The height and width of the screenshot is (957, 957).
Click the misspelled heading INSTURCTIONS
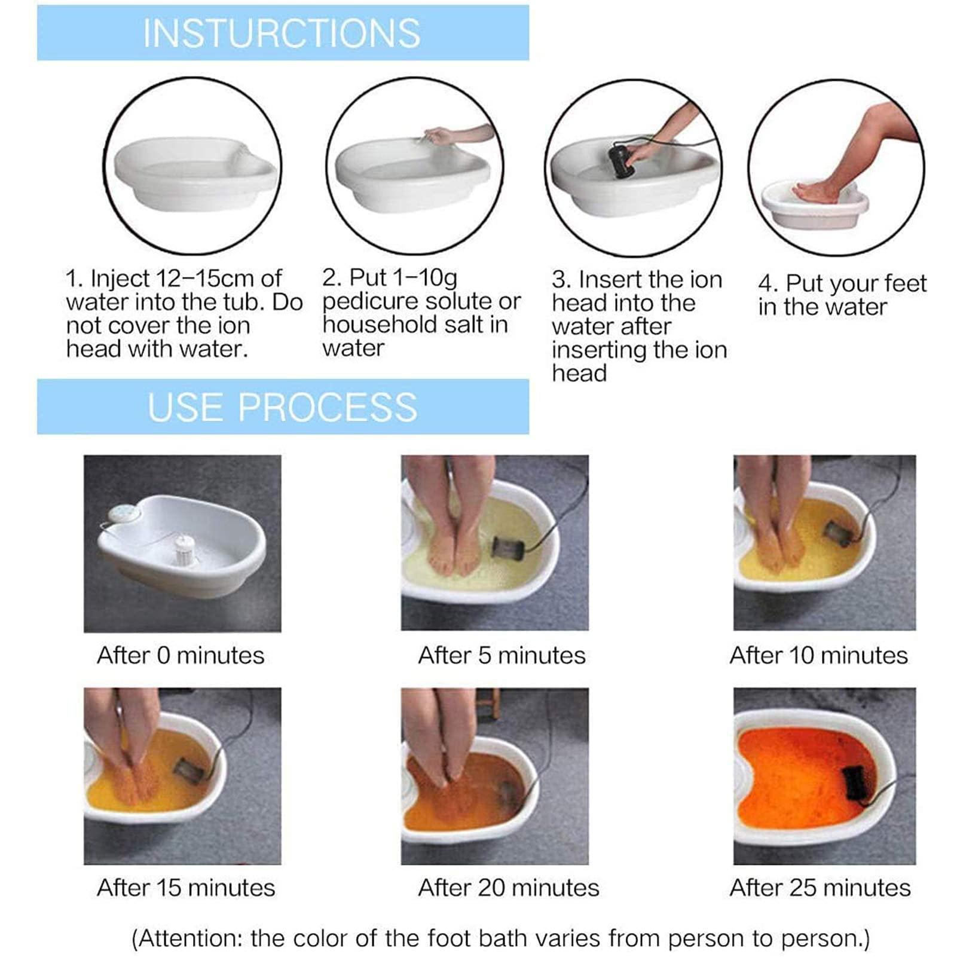pos(282,33)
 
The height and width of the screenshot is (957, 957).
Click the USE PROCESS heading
pos(282,407)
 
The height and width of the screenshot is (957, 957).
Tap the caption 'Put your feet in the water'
pos(842,295)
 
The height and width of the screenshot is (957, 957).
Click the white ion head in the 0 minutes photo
pos(184,549)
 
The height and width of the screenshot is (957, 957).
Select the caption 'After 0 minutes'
pos(181,656)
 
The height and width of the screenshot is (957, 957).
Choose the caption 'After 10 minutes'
pos(818,656)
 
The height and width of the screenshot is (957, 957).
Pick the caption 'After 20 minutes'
pos(508,888)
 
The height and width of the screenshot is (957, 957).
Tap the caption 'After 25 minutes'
pos(820,888)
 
